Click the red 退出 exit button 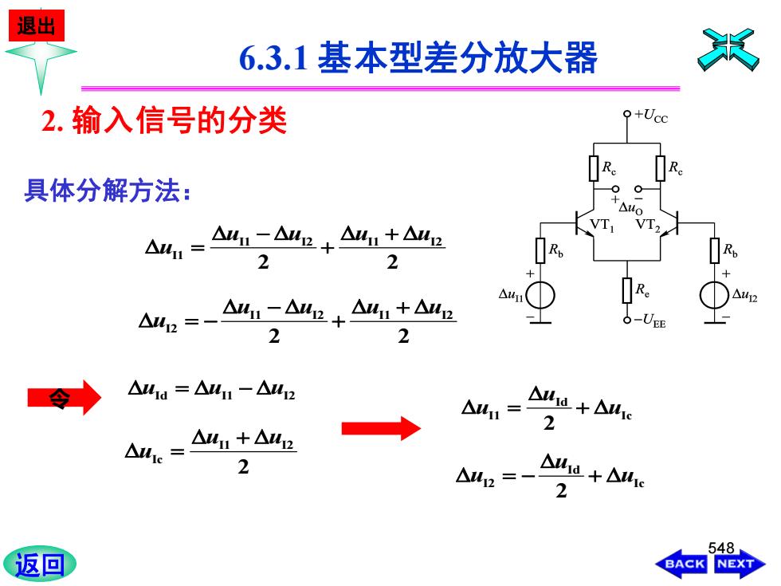pos(37,26)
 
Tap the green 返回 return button pos(40,564)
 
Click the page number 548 pos(720,549)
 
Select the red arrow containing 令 pos(64,398)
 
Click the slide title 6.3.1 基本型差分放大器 pos(418,57)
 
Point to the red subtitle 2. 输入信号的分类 pos(164,120)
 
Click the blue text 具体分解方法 pos(107,191)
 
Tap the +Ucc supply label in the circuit pos(650,116)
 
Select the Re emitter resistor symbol pos(627,290)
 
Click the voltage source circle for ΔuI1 pos(540,295)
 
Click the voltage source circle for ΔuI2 pos(714,295)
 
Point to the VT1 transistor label pos(602,225)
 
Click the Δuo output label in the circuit pos(630,207)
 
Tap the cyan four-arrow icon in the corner pos(728,49)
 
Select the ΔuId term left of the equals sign pos(148,390)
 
